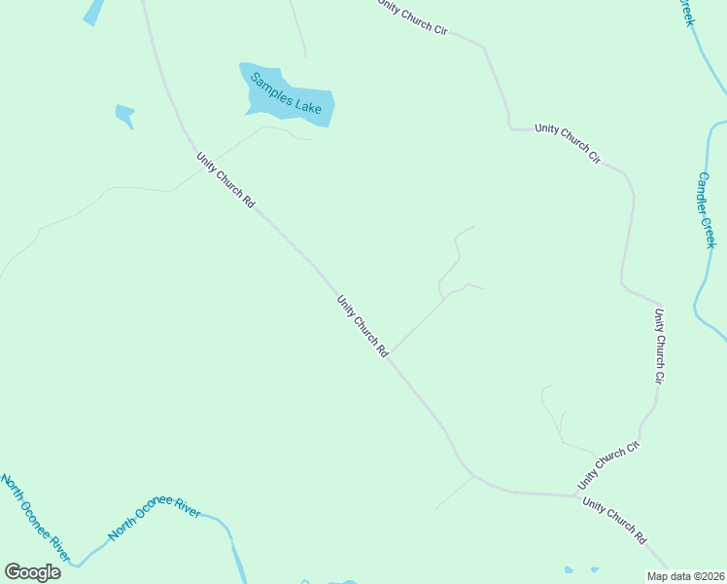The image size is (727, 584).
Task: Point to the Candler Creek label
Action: point(707,210)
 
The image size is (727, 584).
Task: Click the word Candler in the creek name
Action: point(705,194)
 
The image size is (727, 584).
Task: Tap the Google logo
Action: point(32,572)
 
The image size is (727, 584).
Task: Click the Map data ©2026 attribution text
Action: point(684,575)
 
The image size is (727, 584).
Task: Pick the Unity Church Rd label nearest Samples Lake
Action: point(225,180)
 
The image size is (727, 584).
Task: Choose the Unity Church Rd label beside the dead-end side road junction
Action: point(363,325)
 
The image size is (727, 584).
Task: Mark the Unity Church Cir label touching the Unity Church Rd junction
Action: point(609,466)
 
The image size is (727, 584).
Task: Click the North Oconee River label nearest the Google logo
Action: point(35,518)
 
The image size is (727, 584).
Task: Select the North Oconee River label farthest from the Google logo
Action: point(154,517)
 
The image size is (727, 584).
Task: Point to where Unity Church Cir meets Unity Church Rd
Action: point(580,495)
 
